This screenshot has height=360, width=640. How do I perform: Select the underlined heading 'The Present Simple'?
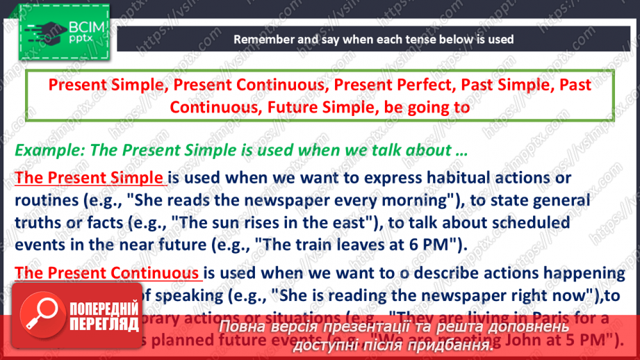pyautogui.click(x=89, y=178)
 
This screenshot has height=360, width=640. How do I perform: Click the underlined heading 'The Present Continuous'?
pyautogui.click(x=106, y=272)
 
